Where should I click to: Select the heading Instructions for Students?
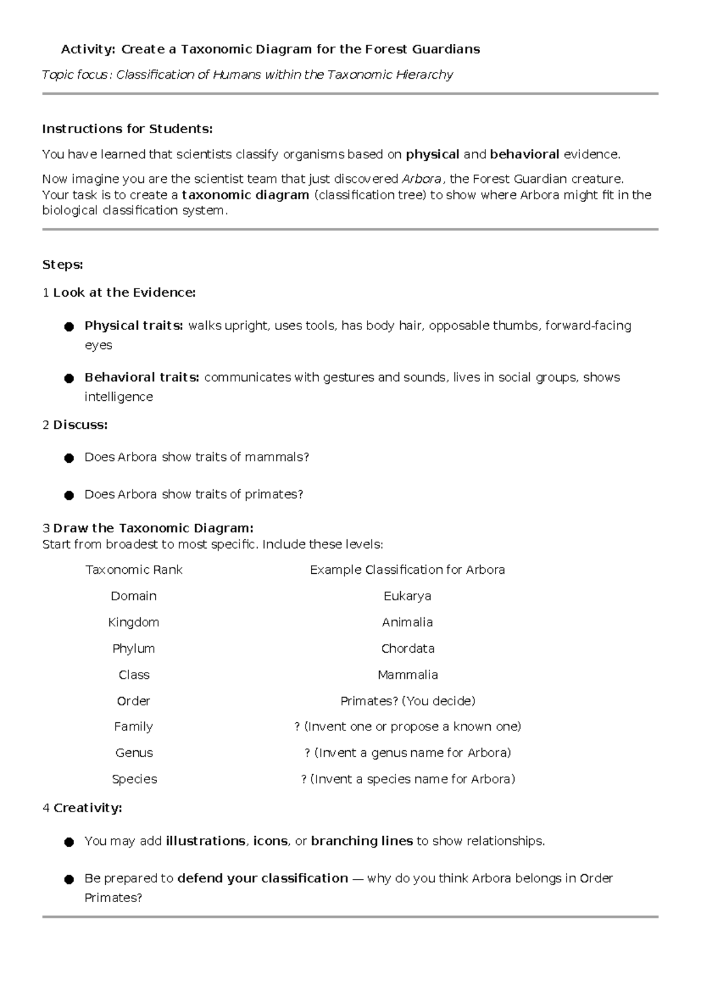[127, 129]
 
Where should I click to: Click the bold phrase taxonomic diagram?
[245, 195]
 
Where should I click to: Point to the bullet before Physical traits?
[69, 327]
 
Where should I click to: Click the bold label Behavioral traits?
[142, 377]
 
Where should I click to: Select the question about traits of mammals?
[196, 458]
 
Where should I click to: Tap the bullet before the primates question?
[69, 495]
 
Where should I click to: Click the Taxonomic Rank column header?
[134, 570]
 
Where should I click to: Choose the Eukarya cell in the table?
[407, 596]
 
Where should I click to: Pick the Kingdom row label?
[134, 622]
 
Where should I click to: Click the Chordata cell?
[407, 649]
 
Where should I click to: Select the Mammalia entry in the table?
[407, 675]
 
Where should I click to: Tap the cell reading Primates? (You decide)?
[407, 701]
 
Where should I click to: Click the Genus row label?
[134, 753]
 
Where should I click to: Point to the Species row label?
[134, 779]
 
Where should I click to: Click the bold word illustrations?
[205, 841]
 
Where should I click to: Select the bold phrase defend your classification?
[262, 879]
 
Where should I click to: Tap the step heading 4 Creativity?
[82, 808]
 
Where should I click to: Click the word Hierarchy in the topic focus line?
[424, 75]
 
